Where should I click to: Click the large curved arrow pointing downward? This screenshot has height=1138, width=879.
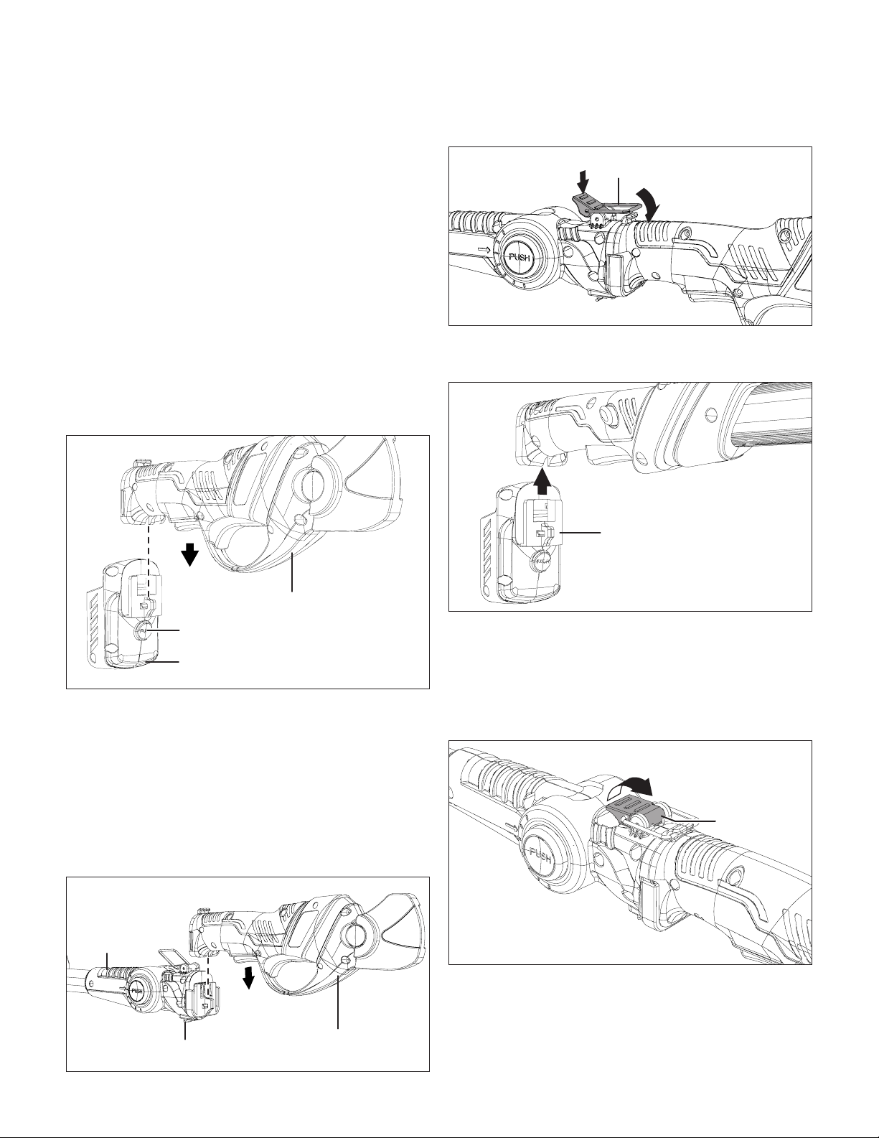[x=647, y=203]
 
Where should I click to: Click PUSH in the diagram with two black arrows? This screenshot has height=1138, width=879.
[x=522, y=257]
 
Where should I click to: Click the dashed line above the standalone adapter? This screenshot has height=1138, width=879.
[x=149, y=559]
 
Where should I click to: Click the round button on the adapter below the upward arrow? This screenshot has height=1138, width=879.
[x=538, y=560]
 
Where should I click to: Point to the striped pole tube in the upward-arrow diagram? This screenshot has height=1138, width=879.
[x=774, y=415]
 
